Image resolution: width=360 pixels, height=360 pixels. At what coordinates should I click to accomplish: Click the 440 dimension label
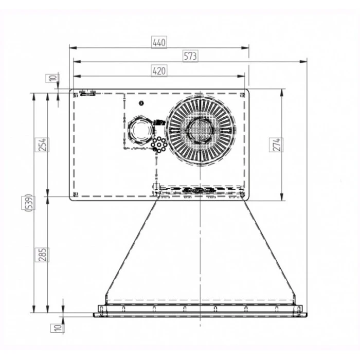(x=159, y=43)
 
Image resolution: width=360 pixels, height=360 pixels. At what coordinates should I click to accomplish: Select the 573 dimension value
(x=190, y=56)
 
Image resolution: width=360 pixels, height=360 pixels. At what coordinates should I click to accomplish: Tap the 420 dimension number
(x=159, y=71)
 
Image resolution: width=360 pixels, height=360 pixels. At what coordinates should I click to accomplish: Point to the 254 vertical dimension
(x=42, y=145)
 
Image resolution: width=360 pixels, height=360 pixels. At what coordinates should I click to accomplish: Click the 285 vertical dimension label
(x=42, y=255)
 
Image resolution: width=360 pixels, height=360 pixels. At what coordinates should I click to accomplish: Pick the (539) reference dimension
(x=28, y=203)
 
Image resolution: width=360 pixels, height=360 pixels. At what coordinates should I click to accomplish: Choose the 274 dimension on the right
(x=276, y=145)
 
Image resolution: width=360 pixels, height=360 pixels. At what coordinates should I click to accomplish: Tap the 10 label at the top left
(x=52, y=78)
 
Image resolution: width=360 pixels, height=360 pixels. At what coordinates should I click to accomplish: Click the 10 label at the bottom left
(x=58, y=328)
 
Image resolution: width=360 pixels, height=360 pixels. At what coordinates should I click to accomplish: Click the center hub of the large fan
(x=200, y=130)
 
